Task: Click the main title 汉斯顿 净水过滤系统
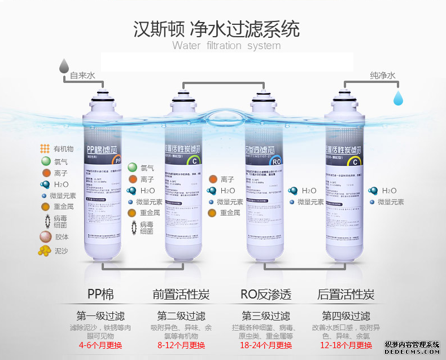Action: (216, 28)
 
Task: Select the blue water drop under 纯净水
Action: (399, 97)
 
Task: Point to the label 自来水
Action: (82, 75)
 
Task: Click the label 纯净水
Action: (382, 75)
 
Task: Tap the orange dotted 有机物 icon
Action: (45, 149)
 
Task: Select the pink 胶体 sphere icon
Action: (45, 236)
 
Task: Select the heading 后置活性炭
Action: (346, 295)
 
